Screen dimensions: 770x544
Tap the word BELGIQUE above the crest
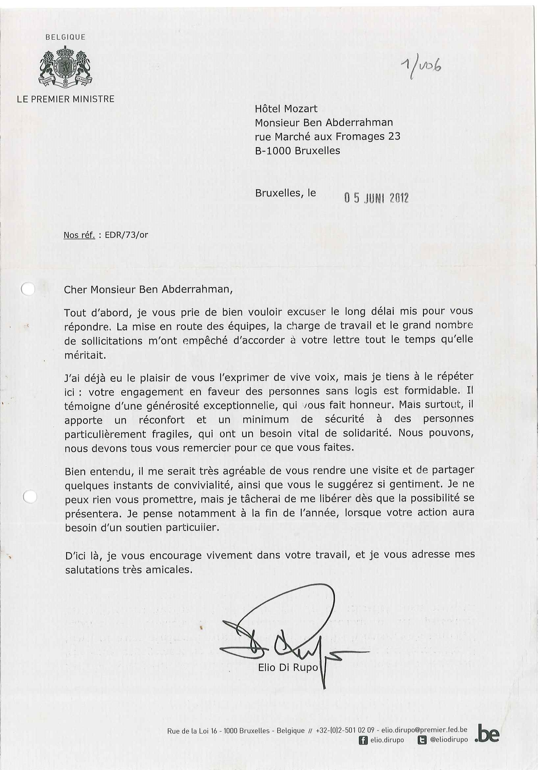(x=65, y=37)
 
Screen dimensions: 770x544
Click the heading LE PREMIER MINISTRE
(x=66, y=99)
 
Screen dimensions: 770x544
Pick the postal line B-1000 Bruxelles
(x=297, y=151)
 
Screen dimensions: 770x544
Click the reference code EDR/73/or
(x=126, y=235)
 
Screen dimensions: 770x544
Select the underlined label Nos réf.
(x=79, y=235)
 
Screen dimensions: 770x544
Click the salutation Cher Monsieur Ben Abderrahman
(x=148, y=290)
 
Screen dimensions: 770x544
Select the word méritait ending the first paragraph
(x=85, y=355)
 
